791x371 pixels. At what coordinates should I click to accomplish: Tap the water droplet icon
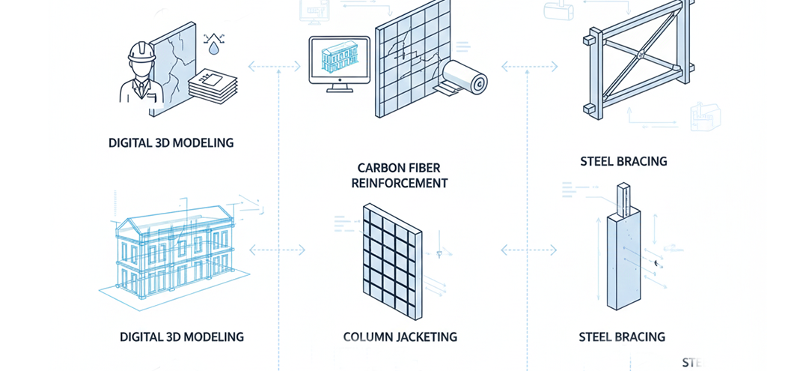(x=216, y=49)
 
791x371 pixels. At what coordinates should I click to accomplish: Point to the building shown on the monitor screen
(x=338, y=57)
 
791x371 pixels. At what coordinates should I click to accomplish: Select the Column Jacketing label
(x=400, y=337)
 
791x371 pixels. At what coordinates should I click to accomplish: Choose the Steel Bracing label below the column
(x=621, y=337)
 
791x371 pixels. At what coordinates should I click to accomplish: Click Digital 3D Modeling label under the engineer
(x=171, y=142)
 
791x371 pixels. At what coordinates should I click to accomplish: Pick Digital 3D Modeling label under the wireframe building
(x=181, y=337)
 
